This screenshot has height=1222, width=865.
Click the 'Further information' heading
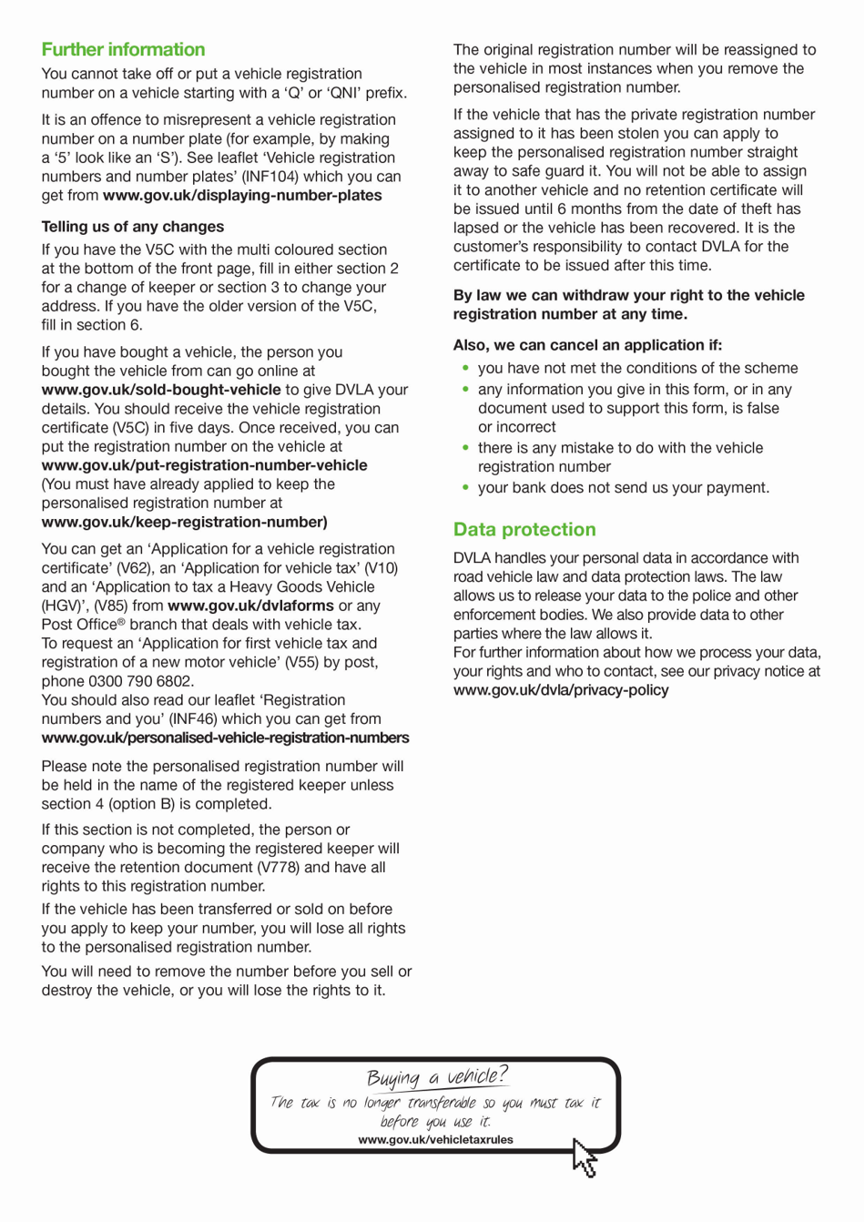click(x=123, y=50)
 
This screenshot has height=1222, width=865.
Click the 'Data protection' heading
click(x=524, y=530)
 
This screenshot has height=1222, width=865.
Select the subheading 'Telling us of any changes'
click(x=132, y=227)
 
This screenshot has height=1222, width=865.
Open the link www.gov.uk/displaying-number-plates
click(x=242, y=196)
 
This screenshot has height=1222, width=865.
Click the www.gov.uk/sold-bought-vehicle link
click(x=161, y=390)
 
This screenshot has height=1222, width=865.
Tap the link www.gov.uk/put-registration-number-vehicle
click(x=204, y=465)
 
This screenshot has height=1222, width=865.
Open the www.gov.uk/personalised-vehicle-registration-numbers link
click(x=225, y=738)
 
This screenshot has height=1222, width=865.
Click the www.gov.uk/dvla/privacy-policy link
click(x=561, y=690)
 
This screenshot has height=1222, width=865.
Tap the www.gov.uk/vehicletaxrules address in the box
click(x=435, y=1140)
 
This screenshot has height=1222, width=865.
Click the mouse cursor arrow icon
click(x=585, y=1157)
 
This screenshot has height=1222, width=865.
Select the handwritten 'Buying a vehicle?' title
click(x=437, y=1077)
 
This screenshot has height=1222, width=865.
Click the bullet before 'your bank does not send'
click(x=466, y=488)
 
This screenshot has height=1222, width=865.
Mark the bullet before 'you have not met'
click(x=466, y=369)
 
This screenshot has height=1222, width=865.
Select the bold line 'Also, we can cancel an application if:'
click(x=587, y=345)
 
